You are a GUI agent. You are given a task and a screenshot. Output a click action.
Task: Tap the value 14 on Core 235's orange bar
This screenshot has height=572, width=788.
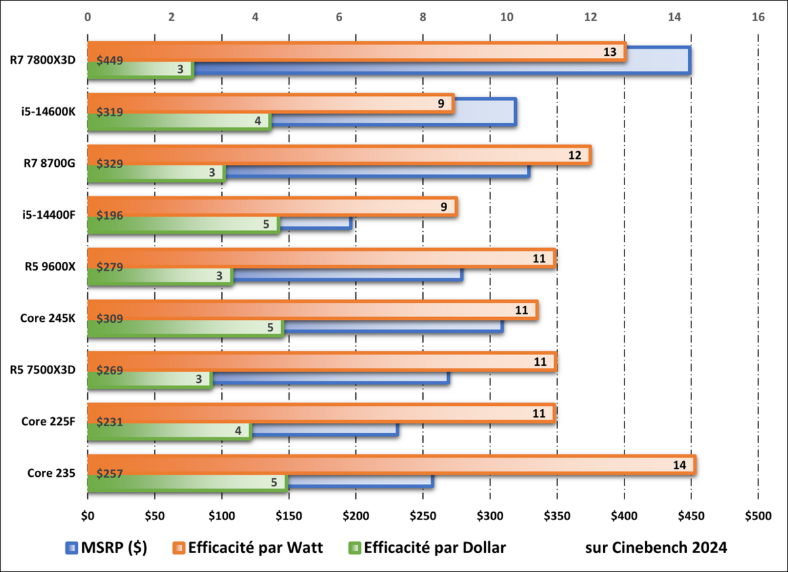click(680, 464)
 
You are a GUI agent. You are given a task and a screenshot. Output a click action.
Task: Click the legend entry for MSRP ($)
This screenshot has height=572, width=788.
click(106, 548)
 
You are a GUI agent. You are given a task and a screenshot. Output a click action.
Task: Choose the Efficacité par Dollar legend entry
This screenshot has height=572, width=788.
click(427, 548)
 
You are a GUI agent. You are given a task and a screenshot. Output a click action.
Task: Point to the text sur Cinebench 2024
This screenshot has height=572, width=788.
click(655, 548)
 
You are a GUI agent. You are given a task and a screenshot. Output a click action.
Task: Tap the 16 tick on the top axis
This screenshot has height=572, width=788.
click(758, 18)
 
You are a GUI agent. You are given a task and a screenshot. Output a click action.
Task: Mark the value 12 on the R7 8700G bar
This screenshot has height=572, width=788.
click(575, 155)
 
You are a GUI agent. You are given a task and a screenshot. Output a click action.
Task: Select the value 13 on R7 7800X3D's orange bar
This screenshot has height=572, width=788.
click(610, 52)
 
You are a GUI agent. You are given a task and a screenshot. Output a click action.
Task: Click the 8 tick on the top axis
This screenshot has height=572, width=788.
click(423, 18)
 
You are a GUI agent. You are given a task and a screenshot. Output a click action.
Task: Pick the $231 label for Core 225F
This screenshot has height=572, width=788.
click(109, 421)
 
